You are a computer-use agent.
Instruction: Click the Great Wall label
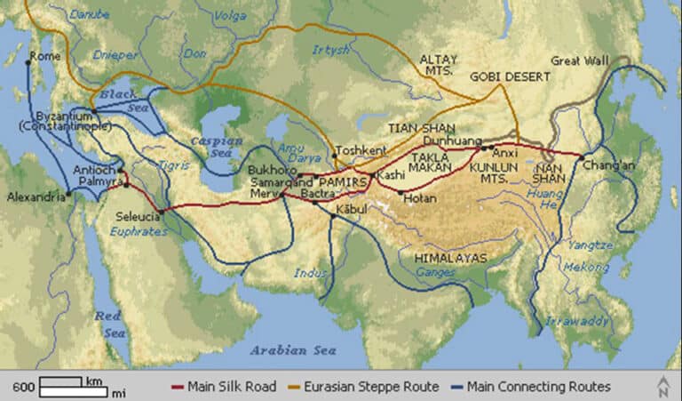click(582, 61)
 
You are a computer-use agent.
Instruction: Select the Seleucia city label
click(139, 216)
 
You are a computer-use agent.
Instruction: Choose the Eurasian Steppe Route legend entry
click(364, 387)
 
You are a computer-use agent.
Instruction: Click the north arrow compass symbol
click(662, 386)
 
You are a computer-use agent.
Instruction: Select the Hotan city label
click(419, 198)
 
